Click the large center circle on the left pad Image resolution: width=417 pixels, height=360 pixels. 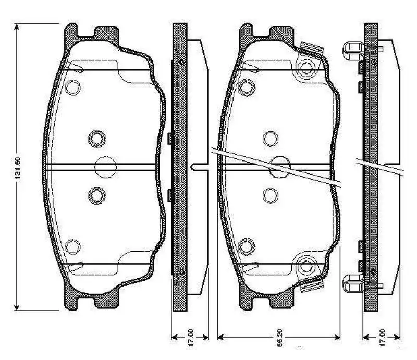click(x=105, y=166)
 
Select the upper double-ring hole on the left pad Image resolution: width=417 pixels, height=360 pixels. click(x=96, y=138)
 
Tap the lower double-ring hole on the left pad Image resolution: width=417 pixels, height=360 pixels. click(x=96, y=195)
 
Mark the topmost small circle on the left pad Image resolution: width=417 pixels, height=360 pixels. click(x=73, y=87)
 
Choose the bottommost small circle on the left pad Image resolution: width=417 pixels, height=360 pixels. click(x=73, y=245)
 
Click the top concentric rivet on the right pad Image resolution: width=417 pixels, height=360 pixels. click(x=305, y=69)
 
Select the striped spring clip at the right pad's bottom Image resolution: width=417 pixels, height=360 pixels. click(x=312, y=284)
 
